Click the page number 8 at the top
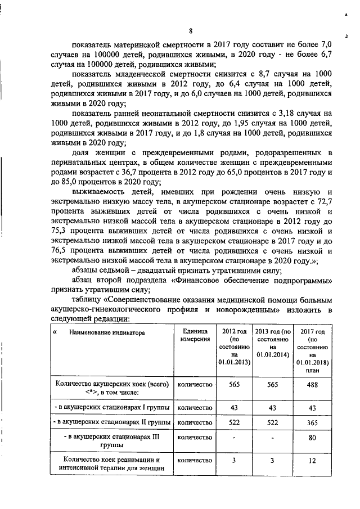point(191,30)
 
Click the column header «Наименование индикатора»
point(107,333)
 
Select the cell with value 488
point(312,385)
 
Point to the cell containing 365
point(312,421)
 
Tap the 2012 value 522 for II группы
point(235,421)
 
